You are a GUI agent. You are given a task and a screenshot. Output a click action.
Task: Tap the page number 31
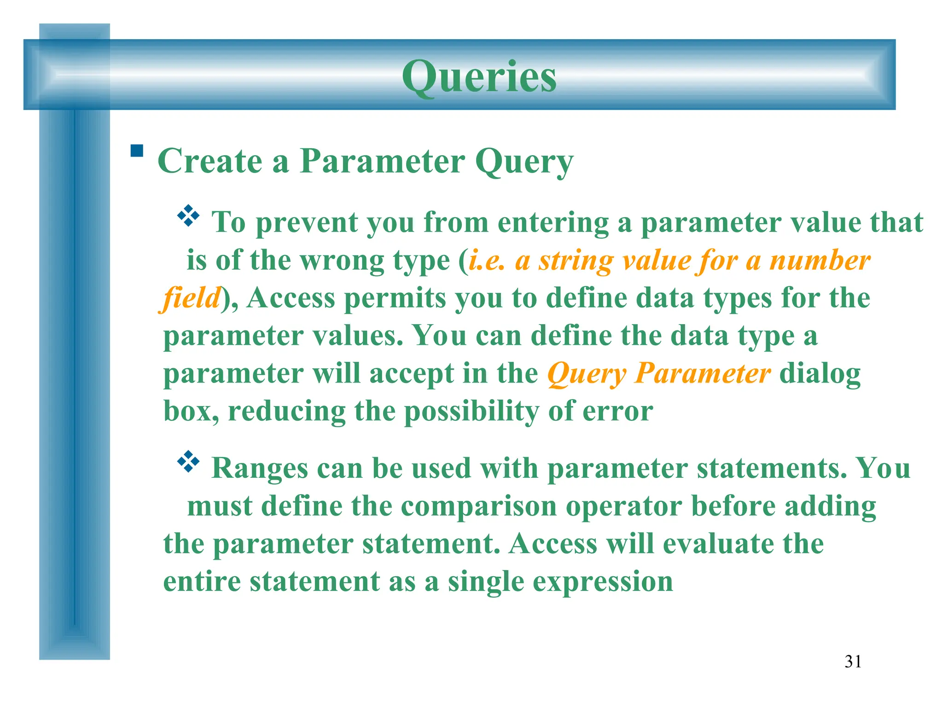[853, 661]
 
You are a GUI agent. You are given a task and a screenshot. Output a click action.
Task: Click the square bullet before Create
[137, 151]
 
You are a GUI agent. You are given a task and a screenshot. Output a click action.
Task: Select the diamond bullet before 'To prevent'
[188, 216]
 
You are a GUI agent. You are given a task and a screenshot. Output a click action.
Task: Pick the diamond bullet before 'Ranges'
[188, 462]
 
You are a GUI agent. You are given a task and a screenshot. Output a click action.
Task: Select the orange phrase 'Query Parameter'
[658, 373]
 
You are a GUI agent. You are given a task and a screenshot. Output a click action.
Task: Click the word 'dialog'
[820, 373]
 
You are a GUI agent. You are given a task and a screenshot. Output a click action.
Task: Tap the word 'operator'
[624, 506]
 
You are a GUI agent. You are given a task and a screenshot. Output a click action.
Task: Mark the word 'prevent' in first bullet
[306, 223]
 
